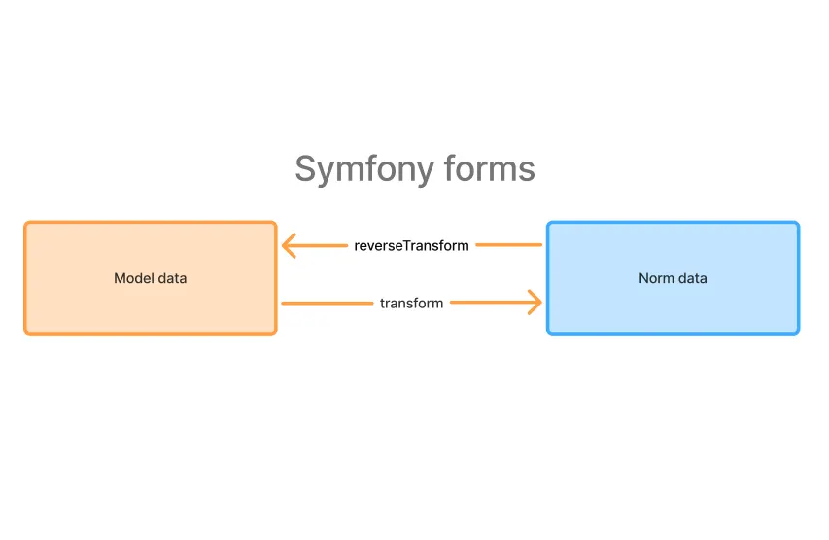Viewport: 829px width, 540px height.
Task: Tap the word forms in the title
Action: (x=490, y=169)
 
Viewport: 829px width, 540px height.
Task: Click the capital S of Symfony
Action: (x=305, y=169)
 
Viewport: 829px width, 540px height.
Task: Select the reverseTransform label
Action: (x=411, y=245)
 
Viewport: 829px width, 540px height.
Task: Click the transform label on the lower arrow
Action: (x=411, y=303)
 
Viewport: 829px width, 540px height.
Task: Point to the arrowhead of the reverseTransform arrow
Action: (x=287, y=245)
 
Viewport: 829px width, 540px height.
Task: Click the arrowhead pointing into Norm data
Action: (x=535, y=303)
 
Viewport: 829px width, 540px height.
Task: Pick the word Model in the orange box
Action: (x=134, y=278)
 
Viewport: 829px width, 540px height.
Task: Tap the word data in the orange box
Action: (x=173, y=278)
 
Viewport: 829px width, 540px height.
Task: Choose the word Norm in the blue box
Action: (x=656, y=278)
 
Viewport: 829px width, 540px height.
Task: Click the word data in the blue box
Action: (x=692, y=278)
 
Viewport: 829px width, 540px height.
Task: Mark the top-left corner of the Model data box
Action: (x=26, y=224)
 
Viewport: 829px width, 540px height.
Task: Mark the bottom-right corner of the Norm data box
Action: (x=797, y=332)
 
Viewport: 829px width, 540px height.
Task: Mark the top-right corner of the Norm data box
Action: (x=797, y=224)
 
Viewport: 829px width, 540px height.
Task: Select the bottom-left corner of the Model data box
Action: (x=26, y=332)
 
